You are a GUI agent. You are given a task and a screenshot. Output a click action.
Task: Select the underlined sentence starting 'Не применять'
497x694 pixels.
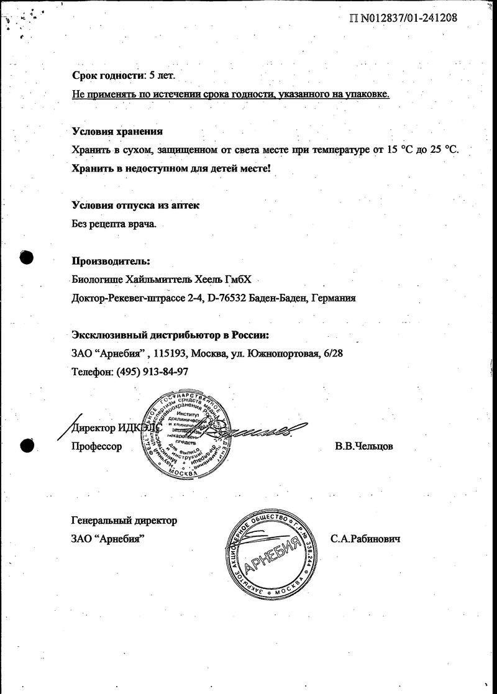pyautogui.click(x=230, y=94)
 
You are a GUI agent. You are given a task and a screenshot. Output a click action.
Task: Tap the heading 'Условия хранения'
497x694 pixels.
pyautogui.click(x=117, y=131)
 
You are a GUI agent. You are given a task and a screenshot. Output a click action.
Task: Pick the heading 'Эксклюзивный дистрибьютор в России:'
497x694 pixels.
pyautogui.click(x=170, y=335)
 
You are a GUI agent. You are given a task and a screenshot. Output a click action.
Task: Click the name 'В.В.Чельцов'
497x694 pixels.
pyautogui.click(x=363, y=446)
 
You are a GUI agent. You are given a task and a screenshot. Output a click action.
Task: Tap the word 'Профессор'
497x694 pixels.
pyautogui.click(x=97, y=446)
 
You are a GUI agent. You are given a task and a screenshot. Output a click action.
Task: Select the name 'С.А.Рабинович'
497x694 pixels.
pyautogui.click(x=365, y=539)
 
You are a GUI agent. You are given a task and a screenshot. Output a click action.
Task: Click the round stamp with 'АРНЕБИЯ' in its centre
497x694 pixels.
pyautogui.click(x=271, y=552)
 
